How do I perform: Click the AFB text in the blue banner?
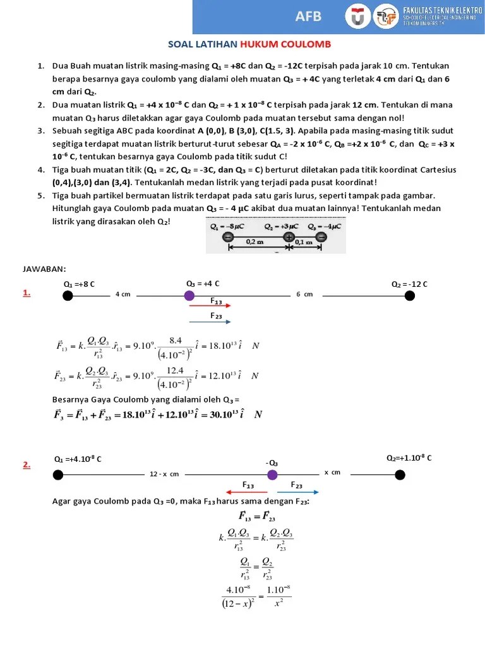(309, 16)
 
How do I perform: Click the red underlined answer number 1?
(27, 293)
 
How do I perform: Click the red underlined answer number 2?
(27, 465)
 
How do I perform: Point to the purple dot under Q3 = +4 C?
(189, 295)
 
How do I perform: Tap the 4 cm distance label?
(123, 294)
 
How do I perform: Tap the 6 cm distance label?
(304, 294)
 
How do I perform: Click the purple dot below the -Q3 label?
(272, 475)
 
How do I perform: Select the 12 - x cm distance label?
(164, 473)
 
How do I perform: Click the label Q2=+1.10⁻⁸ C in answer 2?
(409, 457)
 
